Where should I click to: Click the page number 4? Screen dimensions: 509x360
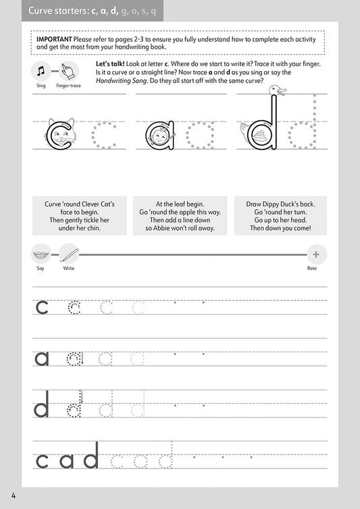pyautogui.click(x=14, y=498)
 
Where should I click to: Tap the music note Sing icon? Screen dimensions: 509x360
pyautogui.click(x=42, y=70)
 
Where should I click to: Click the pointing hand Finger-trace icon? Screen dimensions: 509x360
pyautogui.click(x=70, y=70)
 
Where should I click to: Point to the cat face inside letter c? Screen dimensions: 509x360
pyautogui.click(x=61, y=135)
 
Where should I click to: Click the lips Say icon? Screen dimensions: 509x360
pyautogui.click(x=41, y=254)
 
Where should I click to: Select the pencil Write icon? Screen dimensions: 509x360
pyautogui.click(x=68, y=254)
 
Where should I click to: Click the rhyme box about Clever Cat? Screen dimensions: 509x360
pyautogui.click(x=80, y=215)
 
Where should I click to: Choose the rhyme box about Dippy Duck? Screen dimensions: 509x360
pyautogui.click(x=280, y=215)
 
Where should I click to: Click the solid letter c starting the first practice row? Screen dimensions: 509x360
pyautogui.click(x=42, y=308)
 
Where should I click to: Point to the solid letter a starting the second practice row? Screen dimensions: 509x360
pyautogui.click(x=42, y=358)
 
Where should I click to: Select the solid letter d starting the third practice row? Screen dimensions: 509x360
pyautogui.click(x=42, y=406)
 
